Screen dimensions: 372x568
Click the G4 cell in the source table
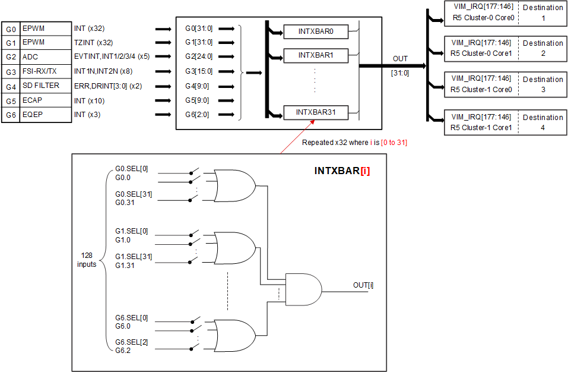(x=11, y=86)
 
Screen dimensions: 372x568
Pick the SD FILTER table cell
(x=41, y=86)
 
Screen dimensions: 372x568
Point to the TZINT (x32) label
(x=93, y=43)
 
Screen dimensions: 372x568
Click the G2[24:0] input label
(x=198, y=57)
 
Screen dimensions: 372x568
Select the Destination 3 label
(x=543, y=84)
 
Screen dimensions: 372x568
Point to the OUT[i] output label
(x=363, y=285)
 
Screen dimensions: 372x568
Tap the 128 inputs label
(x=87, y=260)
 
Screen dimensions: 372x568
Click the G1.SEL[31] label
(x=134, y=256)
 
